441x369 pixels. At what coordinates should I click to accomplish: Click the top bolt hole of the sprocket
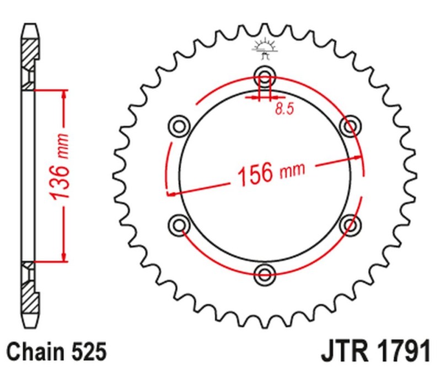pos(265,76)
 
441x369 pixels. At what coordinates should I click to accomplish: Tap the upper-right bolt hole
pos(349,126)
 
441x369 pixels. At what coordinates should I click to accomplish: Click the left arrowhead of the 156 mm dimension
pos(171,194)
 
